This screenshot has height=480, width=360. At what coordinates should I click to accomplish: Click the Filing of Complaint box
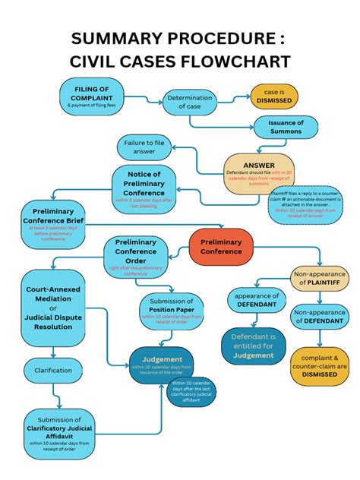(x=90, y=96)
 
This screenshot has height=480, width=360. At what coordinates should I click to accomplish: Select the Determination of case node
(x=189, y=102)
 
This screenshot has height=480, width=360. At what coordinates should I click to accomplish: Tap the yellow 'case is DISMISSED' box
(x=275, y=96)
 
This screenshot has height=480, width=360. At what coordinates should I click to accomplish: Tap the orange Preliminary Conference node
(x=220, y=246)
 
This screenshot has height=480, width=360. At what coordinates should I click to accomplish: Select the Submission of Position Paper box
(x=170, y=313)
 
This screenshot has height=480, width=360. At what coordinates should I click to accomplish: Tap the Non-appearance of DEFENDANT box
(x=320, y=316)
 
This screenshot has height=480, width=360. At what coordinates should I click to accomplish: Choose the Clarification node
(x=52, y=371)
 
